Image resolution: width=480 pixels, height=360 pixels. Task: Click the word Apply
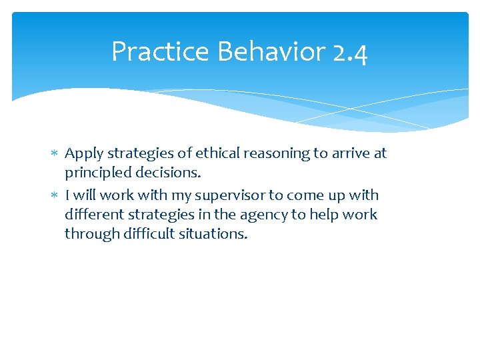pyautogui.click(x=84, y=154)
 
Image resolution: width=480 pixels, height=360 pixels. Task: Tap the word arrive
pyautogui.click(x=350, y=153)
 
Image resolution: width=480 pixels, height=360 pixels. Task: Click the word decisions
pyautogui.click(x=171, y=173)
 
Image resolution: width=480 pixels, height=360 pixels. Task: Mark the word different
pyautogui.click(x=91, y=215)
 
